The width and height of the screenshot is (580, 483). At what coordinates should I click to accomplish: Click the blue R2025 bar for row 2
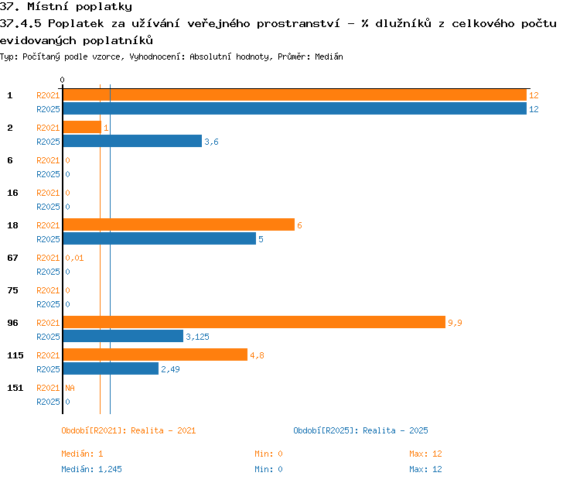coord(132,141)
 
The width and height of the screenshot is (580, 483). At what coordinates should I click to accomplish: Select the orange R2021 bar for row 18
coord(179,224)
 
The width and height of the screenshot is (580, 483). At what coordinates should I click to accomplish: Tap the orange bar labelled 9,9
coord(254,322)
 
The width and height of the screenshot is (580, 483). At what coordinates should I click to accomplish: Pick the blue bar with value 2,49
coord(111,368)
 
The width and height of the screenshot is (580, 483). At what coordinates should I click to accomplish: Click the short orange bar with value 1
coord(82,127)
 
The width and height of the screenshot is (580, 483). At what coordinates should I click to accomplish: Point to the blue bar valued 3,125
coord(123,336)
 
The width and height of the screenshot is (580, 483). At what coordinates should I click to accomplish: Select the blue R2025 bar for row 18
coord(159,238)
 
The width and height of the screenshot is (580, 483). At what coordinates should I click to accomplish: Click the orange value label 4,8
coord(257,355)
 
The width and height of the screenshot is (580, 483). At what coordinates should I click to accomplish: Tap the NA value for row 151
coord(70,388)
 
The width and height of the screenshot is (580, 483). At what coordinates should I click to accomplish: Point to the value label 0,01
coord(74,258)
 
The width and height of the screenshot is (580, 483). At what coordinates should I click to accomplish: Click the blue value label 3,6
coord(211,142)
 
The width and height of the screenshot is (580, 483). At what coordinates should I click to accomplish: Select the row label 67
coord(12,258)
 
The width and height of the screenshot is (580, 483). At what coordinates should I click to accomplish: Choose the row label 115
coord(15,355)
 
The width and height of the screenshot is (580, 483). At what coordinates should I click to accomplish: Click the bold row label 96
coord(12,323)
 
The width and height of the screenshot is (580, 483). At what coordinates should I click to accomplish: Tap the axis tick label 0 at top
coord(62,80)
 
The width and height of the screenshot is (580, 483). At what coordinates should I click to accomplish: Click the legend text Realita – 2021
coord(163,430)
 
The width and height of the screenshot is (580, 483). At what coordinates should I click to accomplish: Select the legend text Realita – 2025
coord(395,430)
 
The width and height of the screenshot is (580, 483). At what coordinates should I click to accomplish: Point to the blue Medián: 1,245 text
coord(91,469)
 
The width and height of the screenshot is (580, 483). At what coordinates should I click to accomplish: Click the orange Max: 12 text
coord(425,454)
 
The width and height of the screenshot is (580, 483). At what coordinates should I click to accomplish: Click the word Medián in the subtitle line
coord(329,57)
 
